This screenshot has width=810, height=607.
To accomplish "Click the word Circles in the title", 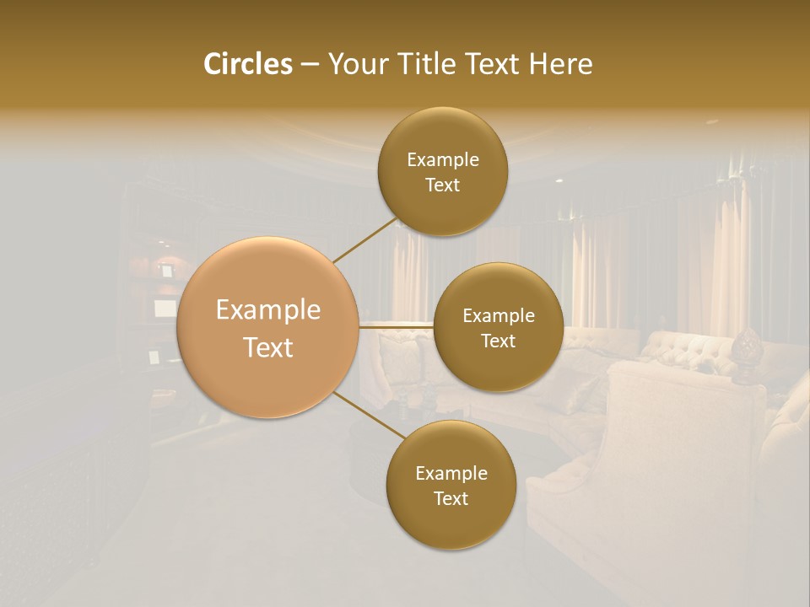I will click(247, 64).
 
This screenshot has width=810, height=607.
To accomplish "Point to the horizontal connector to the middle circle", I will click(397, 326).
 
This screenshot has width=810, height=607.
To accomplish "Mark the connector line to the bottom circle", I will click(368, 416).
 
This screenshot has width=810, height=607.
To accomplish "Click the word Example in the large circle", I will click(267, 310).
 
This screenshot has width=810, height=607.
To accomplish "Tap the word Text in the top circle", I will click(442, 185).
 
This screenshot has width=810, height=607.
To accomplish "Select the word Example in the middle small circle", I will click(498, 316).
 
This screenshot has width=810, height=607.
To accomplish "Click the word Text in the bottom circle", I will click(451, 499).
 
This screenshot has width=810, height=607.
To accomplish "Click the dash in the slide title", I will click(310, 64).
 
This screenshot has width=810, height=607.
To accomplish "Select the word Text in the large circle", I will click(267, 347).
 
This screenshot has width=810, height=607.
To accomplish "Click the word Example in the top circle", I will click(442, 160).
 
